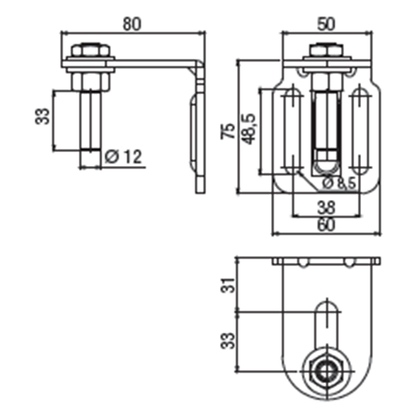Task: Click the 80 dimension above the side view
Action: (x=133, y=23)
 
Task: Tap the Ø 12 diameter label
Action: (x=124, y=157)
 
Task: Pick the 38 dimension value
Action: (x=326, y=205)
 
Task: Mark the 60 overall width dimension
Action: (x=326, y=224)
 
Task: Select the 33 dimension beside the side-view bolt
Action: (x=43, y=116)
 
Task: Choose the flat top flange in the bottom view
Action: (x=325, y=261)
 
